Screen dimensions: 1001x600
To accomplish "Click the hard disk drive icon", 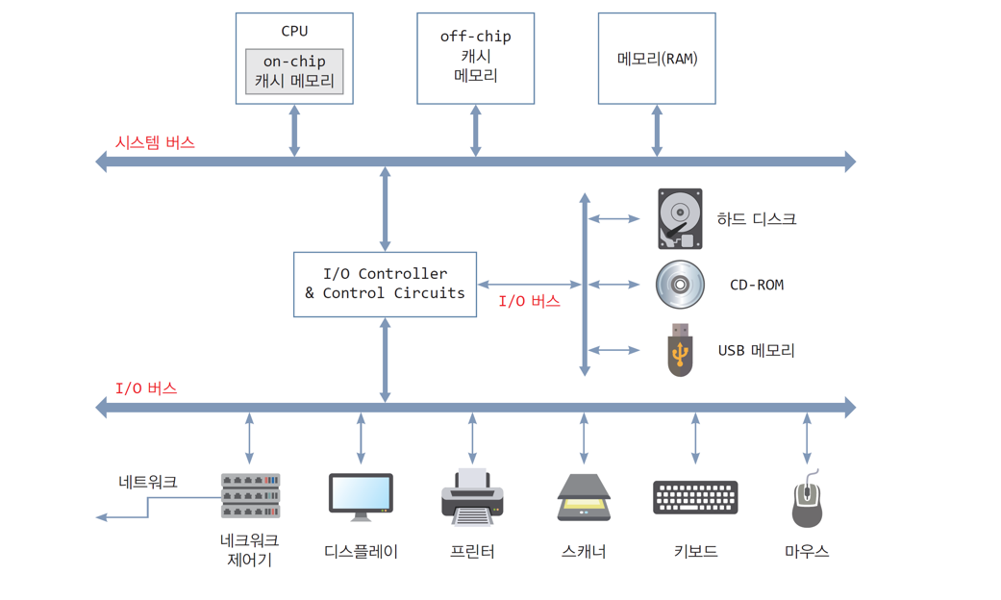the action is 680,218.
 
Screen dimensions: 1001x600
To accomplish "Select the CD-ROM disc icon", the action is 680,285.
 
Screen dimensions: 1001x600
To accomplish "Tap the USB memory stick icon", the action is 680,350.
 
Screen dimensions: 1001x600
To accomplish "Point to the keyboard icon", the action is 695,497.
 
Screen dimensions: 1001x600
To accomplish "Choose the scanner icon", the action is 584,497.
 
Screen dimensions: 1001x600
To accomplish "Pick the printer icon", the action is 472,497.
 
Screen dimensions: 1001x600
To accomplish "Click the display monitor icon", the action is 361,497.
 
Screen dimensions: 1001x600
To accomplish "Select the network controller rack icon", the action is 250,495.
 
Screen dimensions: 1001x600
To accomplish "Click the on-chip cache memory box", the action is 294,71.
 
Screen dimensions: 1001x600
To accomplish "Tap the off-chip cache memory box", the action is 476,58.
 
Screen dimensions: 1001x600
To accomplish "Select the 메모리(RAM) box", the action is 657,58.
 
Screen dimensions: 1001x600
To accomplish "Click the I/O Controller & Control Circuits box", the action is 385,285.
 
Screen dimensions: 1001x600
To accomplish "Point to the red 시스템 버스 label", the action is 155,142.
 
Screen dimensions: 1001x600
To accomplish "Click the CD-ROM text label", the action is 757,285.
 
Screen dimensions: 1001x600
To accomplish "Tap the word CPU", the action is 294,31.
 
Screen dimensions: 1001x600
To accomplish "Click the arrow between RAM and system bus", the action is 657,131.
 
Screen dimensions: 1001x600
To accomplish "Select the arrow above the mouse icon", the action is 807,437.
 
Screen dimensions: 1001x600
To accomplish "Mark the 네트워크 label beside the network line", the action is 147,482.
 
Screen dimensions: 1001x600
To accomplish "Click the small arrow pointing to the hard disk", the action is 614,219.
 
